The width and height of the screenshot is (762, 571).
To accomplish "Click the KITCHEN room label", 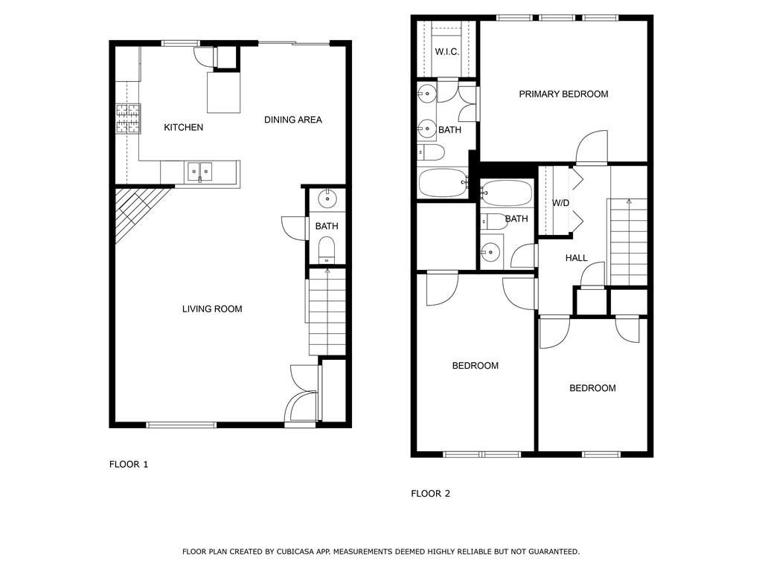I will [x=183, y=127].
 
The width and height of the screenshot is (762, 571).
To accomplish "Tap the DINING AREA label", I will [x=293, y=120].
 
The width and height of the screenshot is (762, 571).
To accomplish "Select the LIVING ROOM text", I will [x=212, y=309].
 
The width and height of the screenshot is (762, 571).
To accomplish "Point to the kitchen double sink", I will [x=199, y=172].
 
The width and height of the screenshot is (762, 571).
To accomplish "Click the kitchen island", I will [x=223, y=92].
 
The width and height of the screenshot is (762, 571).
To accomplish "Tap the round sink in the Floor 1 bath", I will [x=327, y=199].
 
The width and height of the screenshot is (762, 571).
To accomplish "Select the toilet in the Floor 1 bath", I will [x=327, y=250].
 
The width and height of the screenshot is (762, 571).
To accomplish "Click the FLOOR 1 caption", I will [x=129, y=464].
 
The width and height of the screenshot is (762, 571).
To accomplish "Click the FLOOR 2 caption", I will [x=430, y=493].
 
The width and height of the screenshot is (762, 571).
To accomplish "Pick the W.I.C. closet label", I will [x=446, y=51].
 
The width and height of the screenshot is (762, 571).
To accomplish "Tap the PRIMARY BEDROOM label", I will [x=563, y=94].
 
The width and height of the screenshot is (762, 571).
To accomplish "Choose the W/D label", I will [x=560, y=203].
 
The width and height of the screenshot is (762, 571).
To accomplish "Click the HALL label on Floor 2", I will [x=576, y=258].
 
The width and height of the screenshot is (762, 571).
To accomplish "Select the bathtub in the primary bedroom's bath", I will [x=442, y=183].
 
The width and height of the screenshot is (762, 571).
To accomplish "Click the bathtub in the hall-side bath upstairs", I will [x=507, y=194].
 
